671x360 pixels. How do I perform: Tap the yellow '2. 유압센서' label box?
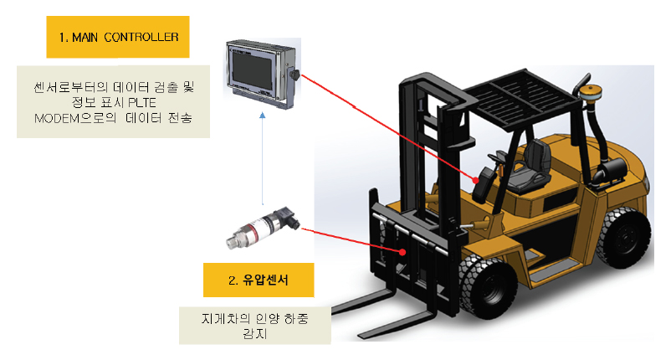[x=259, y=280]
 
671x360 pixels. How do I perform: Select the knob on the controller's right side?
[x=295, y=76]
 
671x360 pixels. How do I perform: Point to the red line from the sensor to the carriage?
[x=351, y=239]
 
